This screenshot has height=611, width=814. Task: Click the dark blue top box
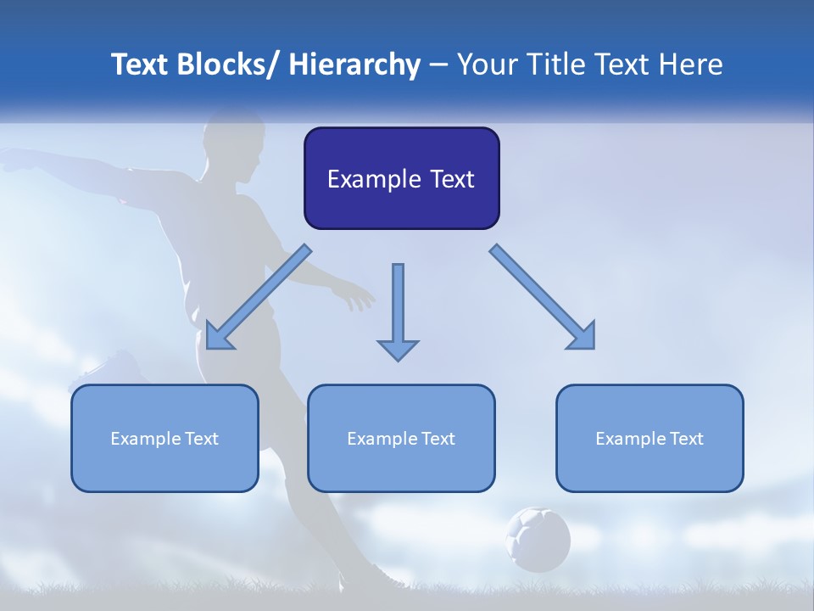click(x=401, y=178)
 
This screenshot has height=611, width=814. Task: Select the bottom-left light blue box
click(x=164, y=438)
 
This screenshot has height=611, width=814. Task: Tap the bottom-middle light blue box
click(x=401, y=438)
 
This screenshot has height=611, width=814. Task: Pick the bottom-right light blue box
click(x=650, y=438)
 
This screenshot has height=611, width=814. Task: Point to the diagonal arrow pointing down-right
click(x=543, y=297)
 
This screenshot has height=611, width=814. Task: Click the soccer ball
click(x=538, y=538)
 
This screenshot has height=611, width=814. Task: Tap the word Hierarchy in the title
click(x=354, y=64)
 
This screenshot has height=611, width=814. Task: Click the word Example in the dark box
click(x=374, y=179)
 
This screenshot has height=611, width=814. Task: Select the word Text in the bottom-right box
click(x=686, y=439)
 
